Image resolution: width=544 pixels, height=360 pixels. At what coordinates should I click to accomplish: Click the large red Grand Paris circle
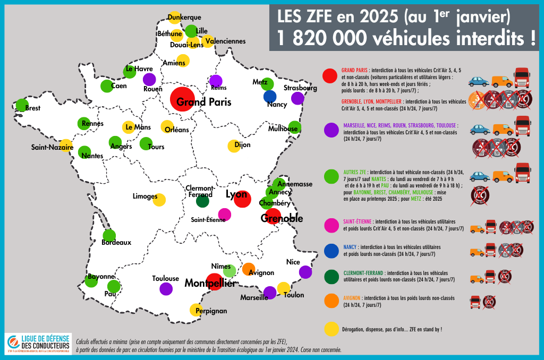(182, 99)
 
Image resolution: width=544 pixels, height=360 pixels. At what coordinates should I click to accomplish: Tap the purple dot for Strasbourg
(297, 98)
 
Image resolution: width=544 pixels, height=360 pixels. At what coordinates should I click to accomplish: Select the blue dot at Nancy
(270, 97)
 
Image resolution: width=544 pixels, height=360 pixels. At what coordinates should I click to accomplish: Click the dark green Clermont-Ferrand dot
(202, 201)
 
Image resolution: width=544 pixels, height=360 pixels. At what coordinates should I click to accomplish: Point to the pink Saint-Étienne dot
(225, 215)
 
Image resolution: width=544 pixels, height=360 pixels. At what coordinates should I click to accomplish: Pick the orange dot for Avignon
(248, 269)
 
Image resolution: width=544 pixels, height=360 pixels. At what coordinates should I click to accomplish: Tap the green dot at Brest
(22, 105)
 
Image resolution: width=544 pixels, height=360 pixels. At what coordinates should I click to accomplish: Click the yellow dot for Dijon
(234, 146)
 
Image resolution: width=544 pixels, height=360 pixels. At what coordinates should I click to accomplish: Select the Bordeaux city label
(116, 243)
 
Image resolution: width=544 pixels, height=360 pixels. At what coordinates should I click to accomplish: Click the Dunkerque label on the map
(184, 18)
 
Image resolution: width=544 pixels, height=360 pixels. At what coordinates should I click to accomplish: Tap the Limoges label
(145, 196)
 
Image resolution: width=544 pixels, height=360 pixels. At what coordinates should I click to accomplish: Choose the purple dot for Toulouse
(166, 289)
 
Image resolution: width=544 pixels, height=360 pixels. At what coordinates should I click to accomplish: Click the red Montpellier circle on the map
(214, 282)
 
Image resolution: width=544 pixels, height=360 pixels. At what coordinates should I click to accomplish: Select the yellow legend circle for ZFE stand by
(331, 329)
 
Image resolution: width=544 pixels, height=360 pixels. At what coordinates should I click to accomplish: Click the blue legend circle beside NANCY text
(331, 251)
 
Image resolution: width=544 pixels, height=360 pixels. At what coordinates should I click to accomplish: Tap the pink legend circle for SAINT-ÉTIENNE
(331, 225)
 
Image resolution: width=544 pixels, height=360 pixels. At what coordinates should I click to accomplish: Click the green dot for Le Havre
(129, 71)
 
